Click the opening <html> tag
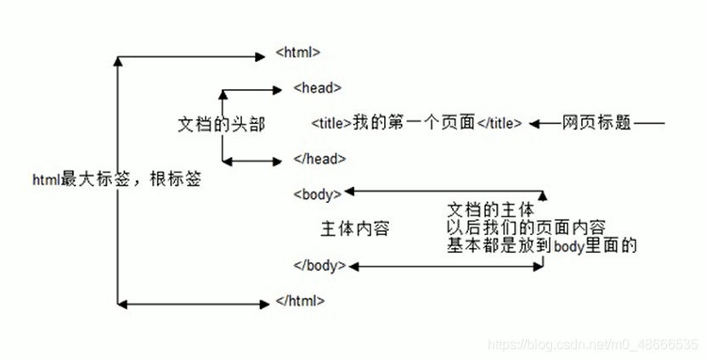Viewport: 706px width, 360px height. [x=298, y=52]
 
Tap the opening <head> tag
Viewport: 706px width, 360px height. [x=317, y=87]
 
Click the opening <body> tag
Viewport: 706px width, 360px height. [x=317, y=194]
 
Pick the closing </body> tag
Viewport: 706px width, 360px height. [x=319, y=265]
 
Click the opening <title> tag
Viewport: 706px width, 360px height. [x=331, y=122]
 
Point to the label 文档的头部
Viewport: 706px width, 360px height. [x=221, y=124]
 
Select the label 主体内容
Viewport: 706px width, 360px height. [x=354, y=229]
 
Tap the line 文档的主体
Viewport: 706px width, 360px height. [x=490, y=209]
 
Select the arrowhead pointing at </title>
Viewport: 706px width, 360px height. [x=534, y=123]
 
